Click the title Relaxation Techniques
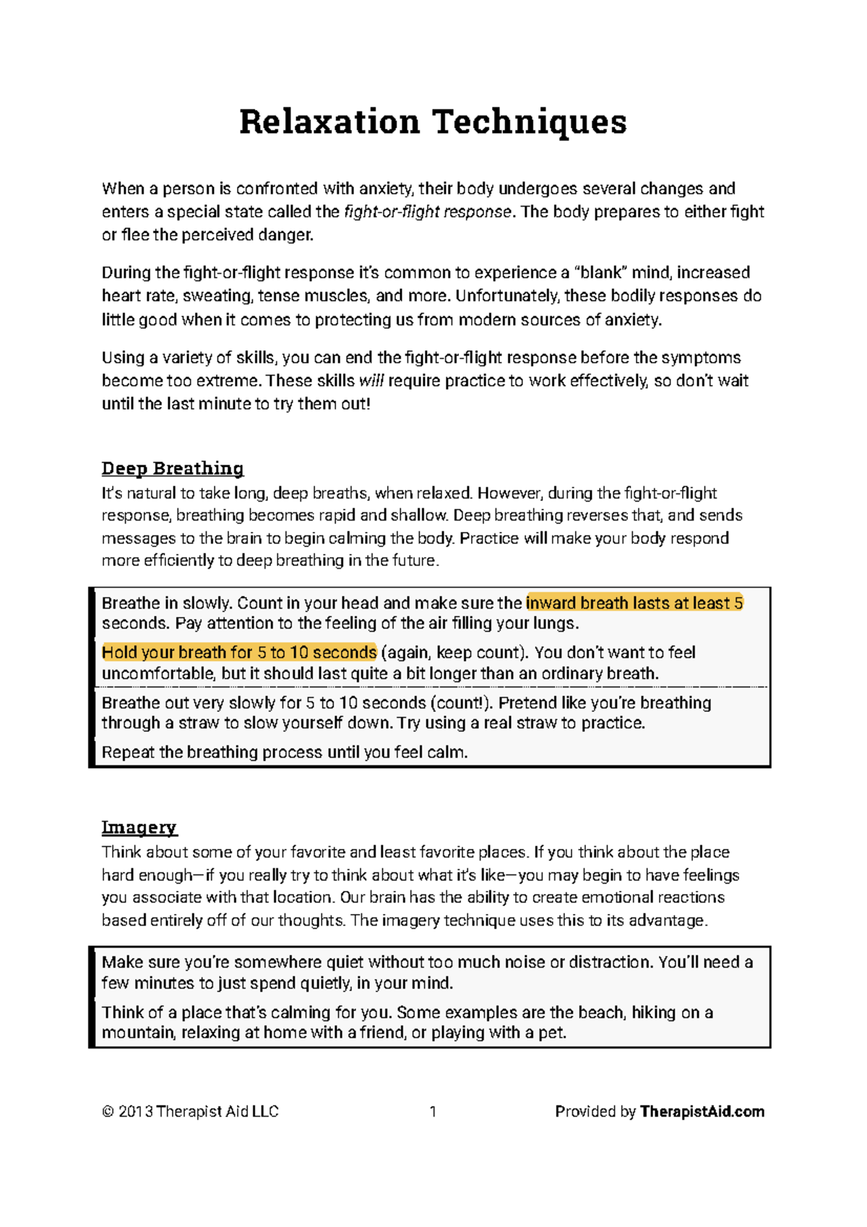click(x=433, y=121)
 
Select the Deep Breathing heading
click(x=173, y=468)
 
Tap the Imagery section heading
click(x=139, y=827)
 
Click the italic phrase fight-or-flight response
click(x=428, y=212)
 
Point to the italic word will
click(x=371, y=381)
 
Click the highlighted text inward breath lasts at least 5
click(x=634, y=603)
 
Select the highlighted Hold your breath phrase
click(x=239, y=653)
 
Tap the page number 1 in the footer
click(x=433, y=1111)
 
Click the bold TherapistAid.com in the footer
click(x=702, y=1111)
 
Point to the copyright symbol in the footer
click(x=108, y=1112)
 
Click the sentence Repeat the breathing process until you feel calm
click(x=285, y=752)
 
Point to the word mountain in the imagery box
click(x=137, y=1033)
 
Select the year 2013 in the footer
click(x=135, y=1111)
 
